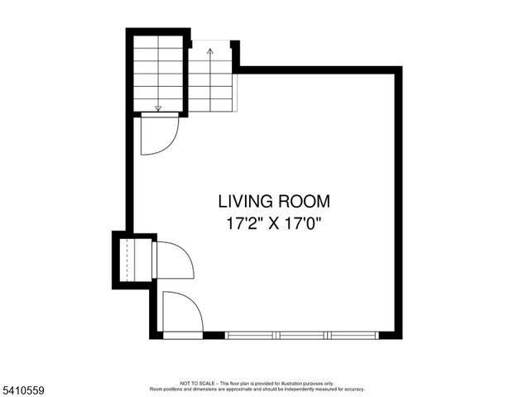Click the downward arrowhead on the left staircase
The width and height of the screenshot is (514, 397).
tap(158, 108)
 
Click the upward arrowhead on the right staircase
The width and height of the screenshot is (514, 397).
tap(210, 52)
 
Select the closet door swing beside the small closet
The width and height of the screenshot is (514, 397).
tap(172, 260)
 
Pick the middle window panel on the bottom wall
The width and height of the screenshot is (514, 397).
tap(303, 335)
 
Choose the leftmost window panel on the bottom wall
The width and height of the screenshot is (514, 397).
tap(252, 335)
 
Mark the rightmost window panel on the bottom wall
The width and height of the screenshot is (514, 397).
tap(353, 335)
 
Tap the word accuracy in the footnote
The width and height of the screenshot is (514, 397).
tap(353, 389)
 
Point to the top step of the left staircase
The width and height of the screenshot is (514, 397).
tap(158, 46)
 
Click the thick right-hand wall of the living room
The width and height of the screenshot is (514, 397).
tap(398, 203)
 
